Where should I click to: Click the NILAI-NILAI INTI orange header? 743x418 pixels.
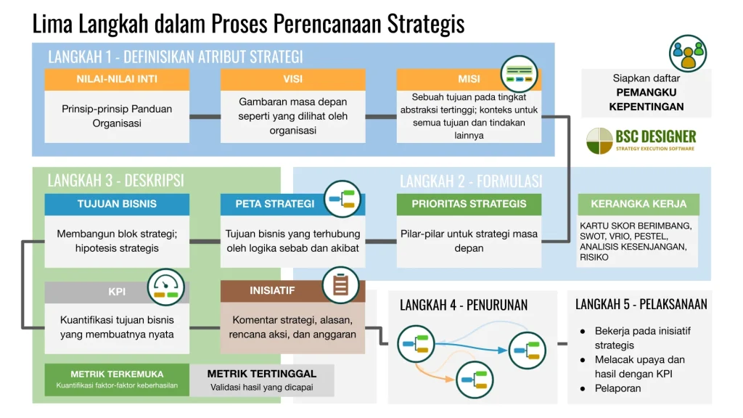[x=117, y=79]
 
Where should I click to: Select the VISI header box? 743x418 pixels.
[x=292, y=79]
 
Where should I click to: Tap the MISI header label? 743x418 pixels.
[x=469, y=79]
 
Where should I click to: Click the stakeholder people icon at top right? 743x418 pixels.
[x=687, y=53]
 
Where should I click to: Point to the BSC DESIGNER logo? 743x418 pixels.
[x=641, y=140]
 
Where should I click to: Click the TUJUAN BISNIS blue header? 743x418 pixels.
[x=117, y=204]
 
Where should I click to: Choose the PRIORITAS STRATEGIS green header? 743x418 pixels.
[x=469, y=204]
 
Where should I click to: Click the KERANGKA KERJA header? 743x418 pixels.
[x=638, y=204]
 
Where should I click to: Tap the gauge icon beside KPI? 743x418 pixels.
[x=166, y=287]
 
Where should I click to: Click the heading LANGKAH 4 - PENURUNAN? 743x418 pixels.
[x=464, y=305]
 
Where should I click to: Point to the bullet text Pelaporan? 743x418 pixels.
[x=617, y=388]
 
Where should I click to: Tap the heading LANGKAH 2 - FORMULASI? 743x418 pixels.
[x=471, y=181]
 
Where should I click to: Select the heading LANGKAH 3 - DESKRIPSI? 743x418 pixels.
[x=115, y=180]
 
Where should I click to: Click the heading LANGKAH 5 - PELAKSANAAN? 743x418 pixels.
[x=641, y=304]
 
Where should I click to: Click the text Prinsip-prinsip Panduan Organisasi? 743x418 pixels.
[x=117, y=116]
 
